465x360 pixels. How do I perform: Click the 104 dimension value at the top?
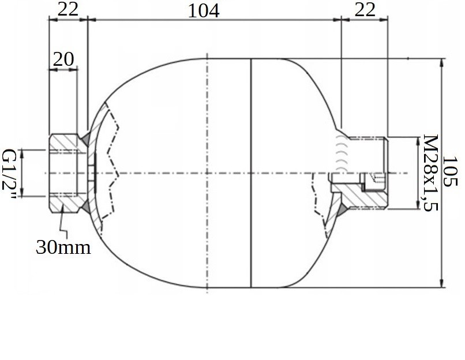point(204,11)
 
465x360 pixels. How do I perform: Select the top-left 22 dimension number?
point(68,9)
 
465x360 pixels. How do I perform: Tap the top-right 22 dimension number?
point(365,9)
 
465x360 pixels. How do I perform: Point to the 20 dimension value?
point(63,59)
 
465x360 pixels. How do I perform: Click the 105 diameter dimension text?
point(450,171)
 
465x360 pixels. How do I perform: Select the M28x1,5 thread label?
point(430,173)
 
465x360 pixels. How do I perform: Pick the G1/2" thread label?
point(9,174)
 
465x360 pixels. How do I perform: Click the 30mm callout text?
point(63,247)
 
